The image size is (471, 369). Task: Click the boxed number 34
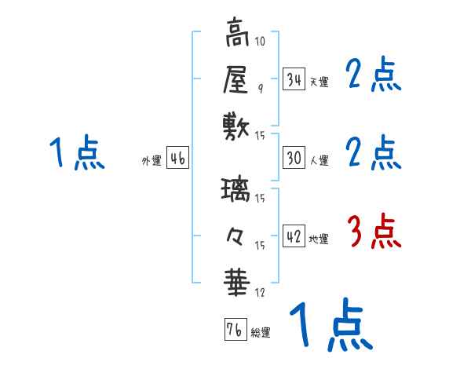pyautogui.click(x=294, y=79)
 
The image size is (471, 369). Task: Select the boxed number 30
pyautogui.click(x=294, y=158)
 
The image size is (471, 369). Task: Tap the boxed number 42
pyautogui.click(x=294, y=236)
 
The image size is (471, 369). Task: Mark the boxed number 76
pyautogui.click(x=234, y=330)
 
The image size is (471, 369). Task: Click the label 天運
pyautogui.click(x=318, y=82)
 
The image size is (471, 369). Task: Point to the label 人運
pyautogui.click(x=319, y=160)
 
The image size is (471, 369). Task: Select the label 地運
pyautogui.click(x=319, y=239)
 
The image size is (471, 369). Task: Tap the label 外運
pyautogui.click(x=152, y=160)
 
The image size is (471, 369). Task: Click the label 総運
pyautogui.click(x=261, y=332)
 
